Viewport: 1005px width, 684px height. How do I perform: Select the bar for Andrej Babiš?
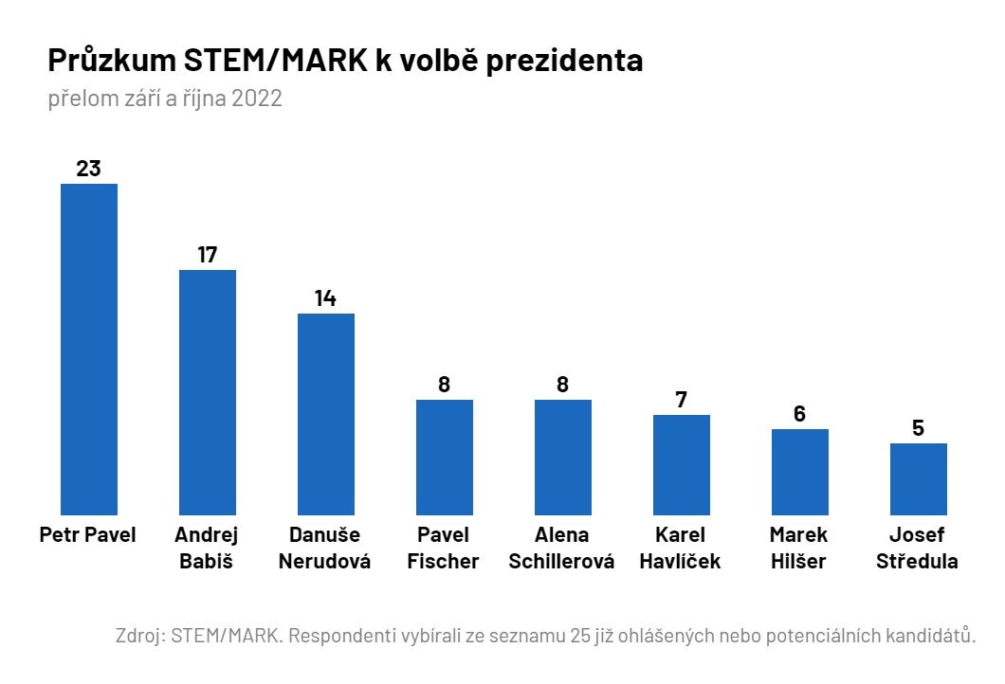tap(208, 392)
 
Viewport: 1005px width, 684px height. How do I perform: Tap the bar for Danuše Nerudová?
tap(326, 414)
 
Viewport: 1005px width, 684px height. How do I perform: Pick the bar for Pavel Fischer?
tap(445, 457)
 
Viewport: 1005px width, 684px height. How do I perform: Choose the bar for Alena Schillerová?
tap(563, 457)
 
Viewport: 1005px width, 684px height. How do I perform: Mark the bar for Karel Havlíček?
tap(682, 464)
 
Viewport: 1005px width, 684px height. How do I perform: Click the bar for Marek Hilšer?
tap(800, 472)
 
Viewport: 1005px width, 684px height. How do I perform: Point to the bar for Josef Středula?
tap(919, 478)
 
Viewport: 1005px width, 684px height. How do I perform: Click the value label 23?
tap(88, 169)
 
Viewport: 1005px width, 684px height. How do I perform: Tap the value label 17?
tap(208, 255)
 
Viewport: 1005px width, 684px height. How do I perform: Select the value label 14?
tap(325, 298)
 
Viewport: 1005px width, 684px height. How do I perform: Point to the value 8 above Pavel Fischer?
tap(444, 385)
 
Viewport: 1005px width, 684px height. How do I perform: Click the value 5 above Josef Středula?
tap(918, 428)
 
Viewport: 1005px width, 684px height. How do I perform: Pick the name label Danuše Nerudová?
tap(324, 548)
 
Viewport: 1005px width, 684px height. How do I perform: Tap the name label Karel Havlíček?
tap(680, 548)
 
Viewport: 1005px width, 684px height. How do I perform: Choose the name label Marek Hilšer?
tap(799, 548)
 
